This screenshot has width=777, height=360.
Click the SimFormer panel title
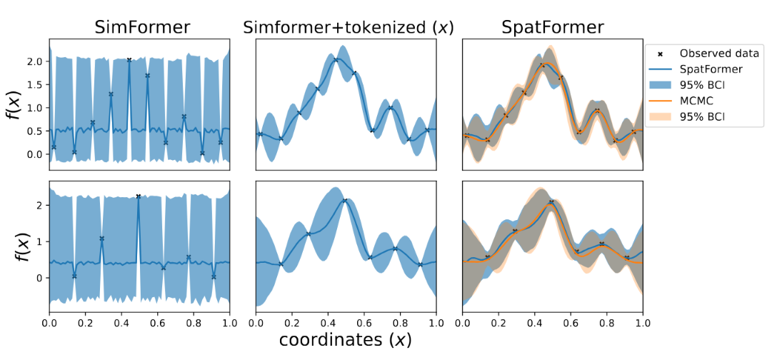(x=143, y=28)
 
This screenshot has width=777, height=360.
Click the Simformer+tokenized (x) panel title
(x=349, y=28)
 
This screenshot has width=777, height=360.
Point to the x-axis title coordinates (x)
(x=345, y=341)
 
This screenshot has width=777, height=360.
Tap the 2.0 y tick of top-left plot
(x=34, y=61)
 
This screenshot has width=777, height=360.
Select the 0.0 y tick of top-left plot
(x=34, y=154)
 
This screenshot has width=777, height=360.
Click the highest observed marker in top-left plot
(x=129, y=60)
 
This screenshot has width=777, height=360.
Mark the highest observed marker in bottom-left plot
(x=138, y=196)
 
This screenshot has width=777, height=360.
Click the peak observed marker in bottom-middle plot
(x=346, y=201)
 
